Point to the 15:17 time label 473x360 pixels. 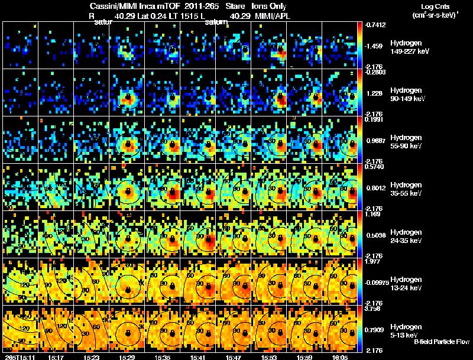click(x=56, y=356)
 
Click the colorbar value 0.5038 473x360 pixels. click(x=375, y=235)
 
